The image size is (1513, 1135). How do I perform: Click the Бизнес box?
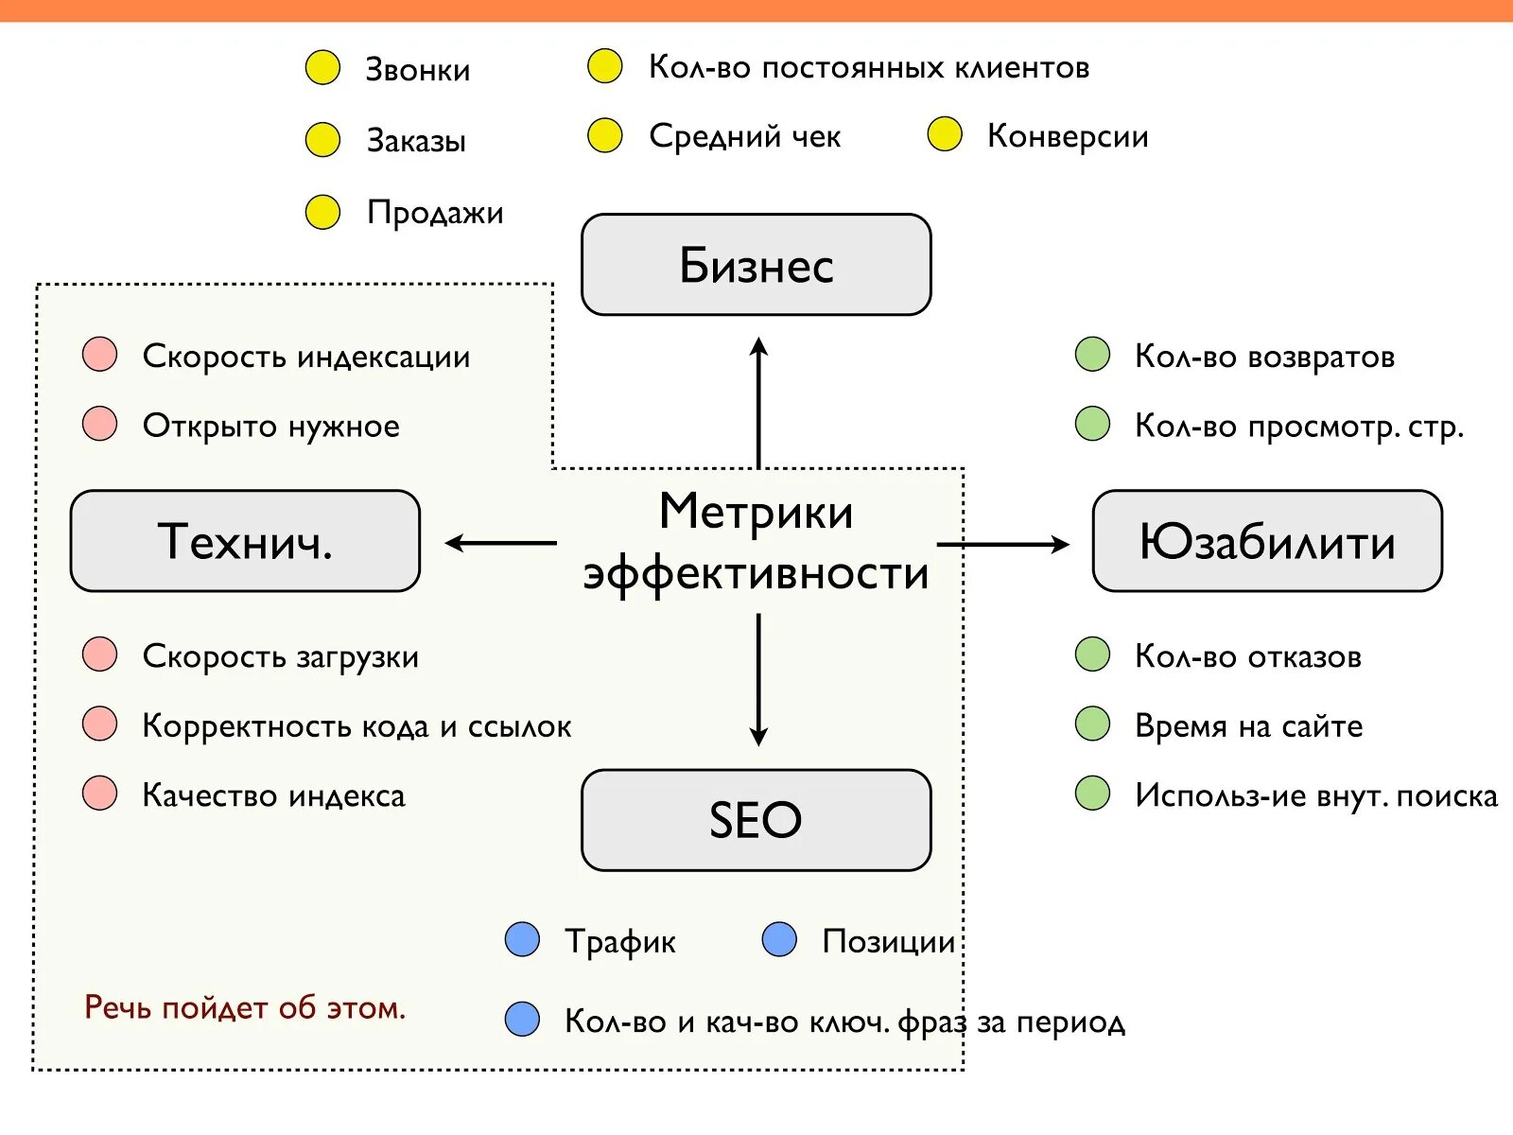click(756, 265)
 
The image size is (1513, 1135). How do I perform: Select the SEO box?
click(756, 819)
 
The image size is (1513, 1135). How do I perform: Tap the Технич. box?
click(245, 541)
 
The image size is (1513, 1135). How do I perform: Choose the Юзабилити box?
click(1267, 541)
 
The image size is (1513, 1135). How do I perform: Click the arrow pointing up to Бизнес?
click(758, 402)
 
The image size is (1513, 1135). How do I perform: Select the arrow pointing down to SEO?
click(758, 679)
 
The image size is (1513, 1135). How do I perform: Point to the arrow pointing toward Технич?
click(500, 543)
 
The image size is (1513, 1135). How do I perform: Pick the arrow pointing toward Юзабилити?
click(1002, 544)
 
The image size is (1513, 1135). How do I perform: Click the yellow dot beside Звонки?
click(322, 68)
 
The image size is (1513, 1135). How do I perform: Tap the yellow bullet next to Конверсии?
click(945, 135)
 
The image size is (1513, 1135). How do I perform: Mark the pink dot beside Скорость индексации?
click(100, 355)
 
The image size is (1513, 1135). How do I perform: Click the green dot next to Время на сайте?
click(1092, 725)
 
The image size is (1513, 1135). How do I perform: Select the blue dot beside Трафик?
click(522, 939)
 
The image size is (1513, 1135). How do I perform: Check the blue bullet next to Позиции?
click(779, 939)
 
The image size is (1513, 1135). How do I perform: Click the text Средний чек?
click(744, 136)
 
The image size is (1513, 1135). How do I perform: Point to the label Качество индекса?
click(273, 795)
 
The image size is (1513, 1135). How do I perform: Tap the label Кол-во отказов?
click(1247, 656)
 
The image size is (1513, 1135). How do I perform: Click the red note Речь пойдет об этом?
click(245, 1007)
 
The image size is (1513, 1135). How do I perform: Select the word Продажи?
click(435, 213)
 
